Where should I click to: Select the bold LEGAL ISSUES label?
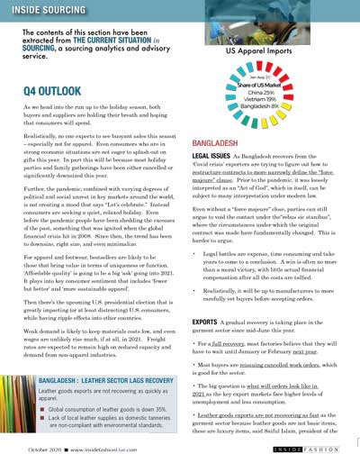click(x=211, y=156)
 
